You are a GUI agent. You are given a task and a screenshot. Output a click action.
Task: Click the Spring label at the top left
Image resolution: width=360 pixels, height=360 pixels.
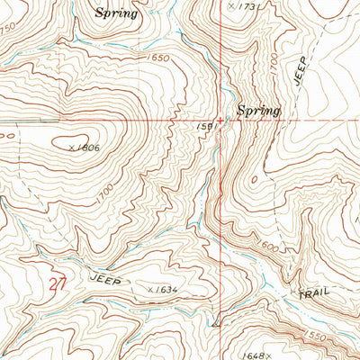[118, 13]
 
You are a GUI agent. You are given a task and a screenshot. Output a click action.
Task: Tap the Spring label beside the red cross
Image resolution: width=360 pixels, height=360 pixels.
[258, 111]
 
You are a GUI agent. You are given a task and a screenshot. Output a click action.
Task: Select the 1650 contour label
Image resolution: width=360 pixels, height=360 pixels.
[158, 58]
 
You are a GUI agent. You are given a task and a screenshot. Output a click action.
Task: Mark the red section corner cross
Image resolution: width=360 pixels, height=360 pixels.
[220, 120]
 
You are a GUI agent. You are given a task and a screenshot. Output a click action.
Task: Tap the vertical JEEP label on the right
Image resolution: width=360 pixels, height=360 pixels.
[301, 70]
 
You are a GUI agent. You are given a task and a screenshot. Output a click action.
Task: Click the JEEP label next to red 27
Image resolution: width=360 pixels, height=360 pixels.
[105, 279]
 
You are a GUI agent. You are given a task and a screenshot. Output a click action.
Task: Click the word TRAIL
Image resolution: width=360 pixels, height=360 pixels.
[315, 293]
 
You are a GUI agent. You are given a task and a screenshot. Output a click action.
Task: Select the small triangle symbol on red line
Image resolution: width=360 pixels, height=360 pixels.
[217, 319]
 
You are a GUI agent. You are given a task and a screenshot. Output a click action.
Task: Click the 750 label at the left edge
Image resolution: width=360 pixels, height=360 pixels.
[8, 29]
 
